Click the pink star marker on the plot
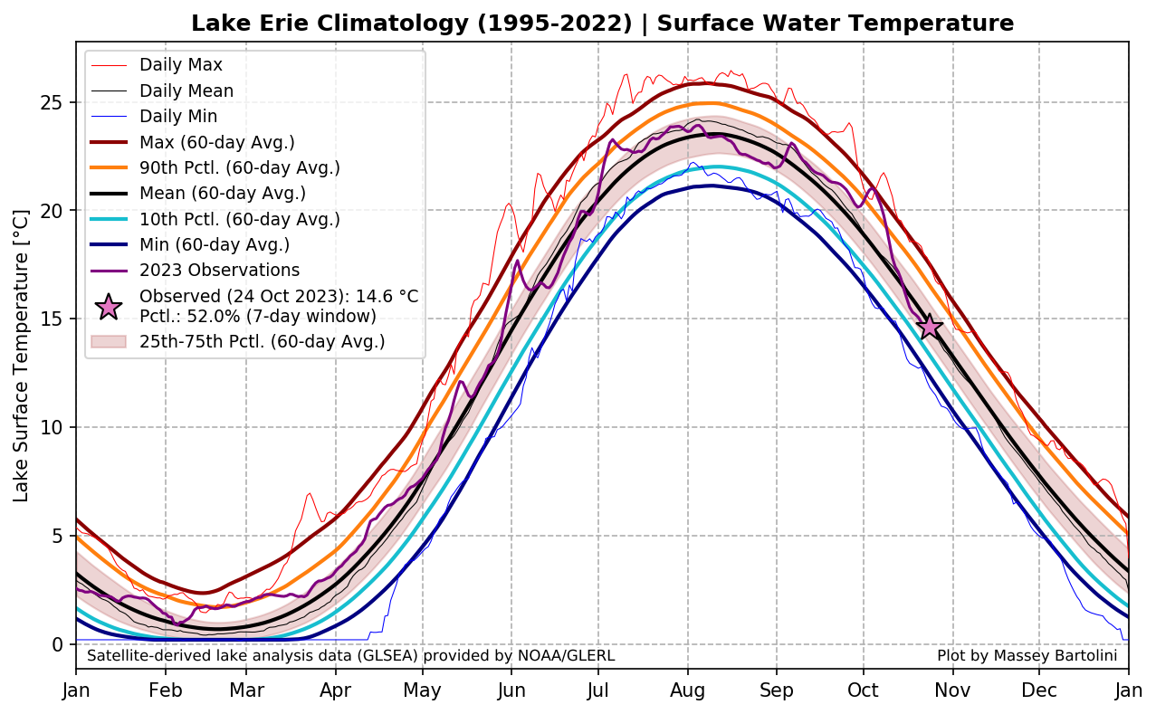[929, 327]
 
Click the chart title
[602, 24]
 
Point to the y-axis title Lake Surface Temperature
[22, 356]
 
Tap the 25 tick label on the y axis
[52, 102]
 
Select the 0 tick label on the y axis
[57, 644]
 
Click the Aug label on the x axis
[688, 691]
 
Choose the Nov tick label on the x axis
[952, 691]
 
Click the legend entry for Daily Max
[180, 65]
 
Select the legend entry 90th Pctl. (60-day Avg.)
[239, 167]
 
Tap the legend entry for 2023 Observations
[219, 271]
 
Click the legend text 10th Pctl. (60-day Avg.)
[239, 219]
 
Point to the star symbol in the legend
[109, 307]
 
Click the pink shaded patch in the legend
[109, 341]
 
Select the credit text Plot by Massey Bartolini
[1027, 655]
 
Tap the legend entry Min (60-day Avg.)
[215, 244]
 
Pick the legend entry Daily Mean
[186, 90]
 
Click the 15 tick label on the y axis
[52, 319]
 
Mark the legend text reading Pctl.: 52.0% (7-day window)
[257, 316]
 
